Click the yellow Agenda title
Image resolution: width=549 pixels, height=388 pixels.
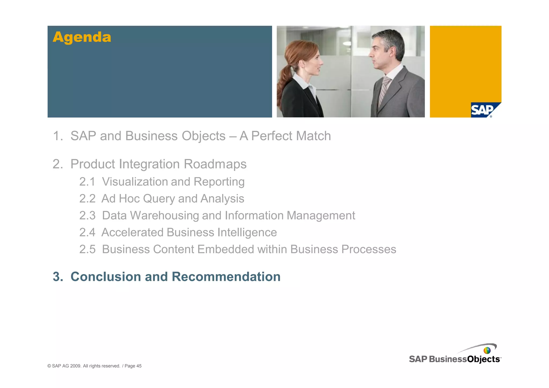tap(82, 37)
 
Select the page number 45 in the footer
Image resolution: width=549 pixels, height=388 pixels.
tap(139, 366)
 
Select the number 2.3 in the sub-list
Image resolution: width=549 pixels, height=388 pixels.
tap(87, 216)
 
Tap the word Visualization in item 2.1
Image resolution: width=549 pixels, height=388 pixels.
tap(135, 182)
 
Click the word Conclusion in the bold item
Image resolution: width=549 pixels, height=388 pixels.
tap(106, 277)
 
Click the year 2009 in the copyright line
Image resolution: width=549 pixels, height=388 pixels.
tap(76, 366)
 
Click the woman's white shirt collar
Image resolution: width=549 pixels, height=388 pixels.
tap(303, 83)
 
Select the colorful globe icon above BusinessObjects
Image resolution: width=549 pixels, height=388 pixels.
tap(487, 350)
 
